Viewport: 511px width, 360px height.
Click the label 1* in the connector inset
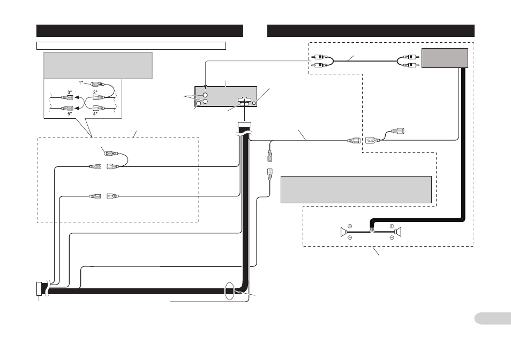click(81, 83)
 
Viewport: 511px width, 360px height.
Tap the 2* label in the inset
click(95, 92)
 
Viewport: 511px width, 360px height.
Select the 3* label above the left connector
click(70, 92)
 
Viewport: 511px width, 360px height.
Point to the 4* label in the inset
click(95, 114)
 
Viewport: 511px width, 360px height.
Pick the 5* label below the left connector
click(70, 114)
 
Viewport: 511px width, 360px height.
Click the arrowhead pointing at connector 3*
click(77, 97)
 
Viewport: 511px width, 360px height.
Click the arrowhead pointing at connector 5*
click(77, 109)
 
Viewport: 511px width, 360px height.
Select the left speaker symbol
click(343, 232)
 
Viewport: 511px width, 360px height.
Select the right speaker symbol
click(397, 232)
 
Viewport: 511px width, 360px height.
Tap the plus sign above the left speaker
click(350, 226)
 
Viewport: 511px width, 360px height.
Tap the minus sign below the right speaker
click(392, 238)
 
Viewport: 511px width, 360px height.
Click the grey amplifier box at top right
click(445, 58)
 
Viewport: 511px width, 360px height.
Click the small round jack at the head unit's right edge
click(254, 103)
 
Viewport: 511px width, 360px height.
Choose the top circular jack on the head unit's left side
click(205, 95)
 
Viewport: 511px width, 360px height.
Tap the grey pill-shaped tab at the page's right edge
click(493, 318)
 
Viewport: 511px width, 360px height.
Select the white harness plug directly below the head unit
click(245, 125)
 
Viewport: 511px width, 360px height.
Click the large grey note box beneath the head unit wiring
click(356, 190)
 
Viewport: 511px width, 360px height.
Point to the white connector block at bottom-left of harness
click(39, 289)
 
